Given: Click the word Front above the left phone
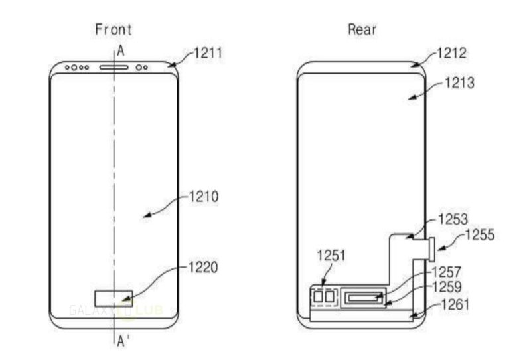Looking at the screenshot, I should point(113,29).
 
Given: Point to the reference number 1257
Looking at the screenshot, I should point(445,272).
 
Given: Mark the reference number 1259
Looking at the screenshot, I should point(445,288).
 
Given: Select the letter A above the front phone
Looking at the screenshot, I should point(121,50).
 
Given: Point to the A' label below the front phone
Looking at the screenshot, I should point(123,343).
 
